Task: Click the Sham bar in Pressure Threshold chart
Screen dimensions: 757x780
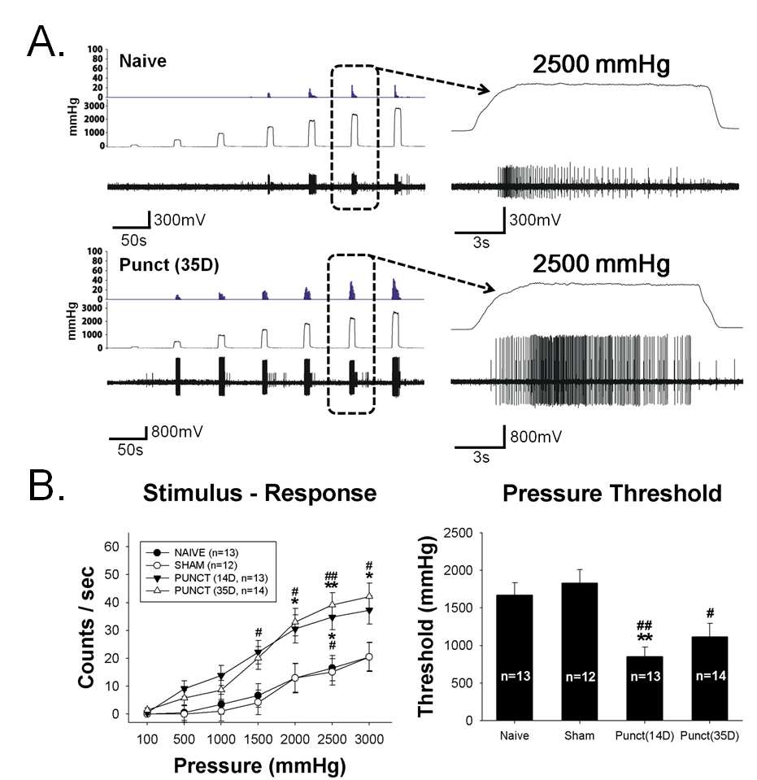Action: pyautogui.click(x=580, y=651)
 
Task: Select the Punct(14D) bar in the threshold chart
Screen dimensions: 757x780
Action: pyautogui.click(x=645, y=688)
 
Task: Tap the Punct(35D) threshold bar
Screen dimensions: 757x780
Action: pyautogui.click(x=710, y=678)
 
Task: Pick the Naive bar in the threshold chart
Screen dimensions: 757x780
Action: pyautogui.click(x=515, y=657)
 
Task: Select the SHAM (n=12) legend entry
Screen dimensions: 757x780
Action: pyautogui.click(x=192, y=565)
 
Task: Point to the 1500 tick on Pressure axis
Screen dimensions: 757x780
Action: pyautogui.click(x=258, y=739)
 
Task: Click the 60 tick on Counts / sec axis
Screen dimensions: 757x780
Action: pyautogui.click(x=111, y=547)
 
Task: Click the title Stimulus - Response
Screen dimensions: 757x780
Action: pyautogui.click(x=259, y=493)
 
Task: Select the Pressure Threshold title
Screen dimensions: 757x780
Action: pyautogui.click(x=611, y=493)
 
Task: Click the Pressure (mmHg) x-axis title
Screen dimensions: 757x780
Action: pyautogui.click(x=259, y=765)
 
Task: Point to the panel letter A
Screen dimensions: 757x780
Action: pyautogui.click(x=46, y=41)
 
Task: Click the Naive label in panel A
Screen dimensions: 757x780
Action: pyautogui.click(x=143, y=61)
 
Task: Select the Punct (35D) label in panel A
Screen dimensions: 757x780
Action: pyautogui.click(x=169, y=265)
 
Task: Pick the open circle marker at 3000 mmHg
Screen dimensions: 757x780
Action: pyautogui.click(x=369, y=656)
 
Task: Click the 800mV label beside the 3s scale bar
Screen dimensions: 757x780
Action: pyautogui.click(x=536, y=437)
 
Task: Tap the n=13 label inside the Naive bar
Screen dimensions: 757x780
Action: pyautogui.click(x=516, y=676)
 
